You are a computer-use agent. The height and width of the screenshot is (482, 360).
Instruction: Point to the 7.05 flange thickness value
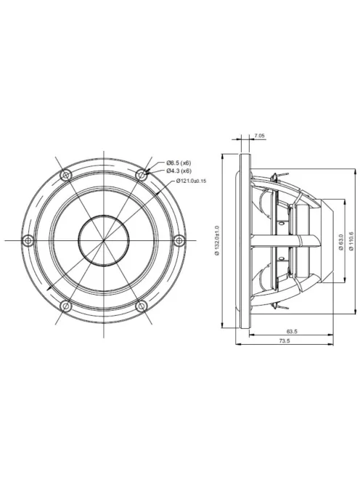[260, 136]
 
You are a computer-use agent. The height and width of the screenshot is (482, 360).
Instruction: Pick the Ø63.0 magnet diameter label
[340, 240]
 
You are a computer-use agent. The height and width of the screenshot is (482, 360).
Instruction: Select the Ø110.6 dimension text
[351, 240]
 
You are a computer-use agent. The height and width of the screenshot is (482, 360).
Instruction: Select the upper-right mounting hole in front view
[142, 174]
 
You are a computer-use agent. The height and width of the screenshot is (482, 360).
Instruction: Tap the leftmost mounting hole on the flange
[28, 240]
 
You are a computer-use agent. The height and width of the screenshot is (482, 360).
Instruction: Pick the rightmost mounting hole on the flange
[180, 240]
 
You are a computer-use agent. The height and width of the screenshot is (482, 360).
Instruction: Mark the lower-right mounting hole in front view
[142, 306]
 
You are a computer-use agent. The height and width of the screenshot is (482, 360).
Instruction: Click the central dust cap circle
[104, 240]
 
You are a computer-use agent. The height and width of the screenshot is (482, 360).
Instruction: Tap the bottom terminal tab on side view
[275, 306]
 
